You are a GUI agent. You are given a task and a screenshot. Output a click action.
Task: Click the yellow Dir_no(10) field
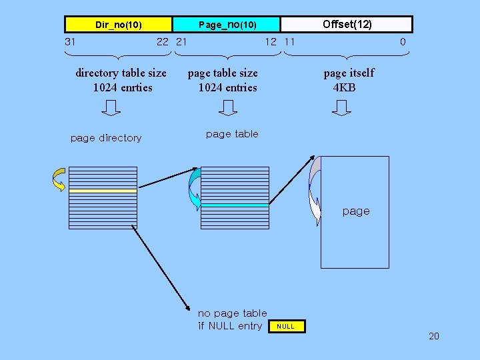[x=118, y=25]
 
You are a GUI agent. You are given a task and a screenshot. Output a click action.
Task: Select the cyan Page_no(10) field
[x=227, y=25]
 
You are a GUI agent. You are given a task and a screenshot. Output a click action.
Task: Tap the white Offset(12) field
[x=347, y=25]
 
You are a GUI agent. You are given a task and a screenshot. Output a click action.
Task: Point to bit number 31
[x=70, y=41]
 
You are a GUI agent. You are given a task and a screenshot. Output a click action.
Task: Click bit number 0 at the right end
[x=403, y=41]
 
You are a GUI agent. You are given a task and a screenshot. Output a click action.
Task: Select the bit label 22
[x=163, y=41]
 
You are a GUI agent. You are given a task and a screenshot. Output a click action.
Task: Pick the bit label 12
[x=270, y=41]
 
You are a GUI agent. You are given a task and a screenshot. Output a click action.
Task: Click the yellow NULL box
[x=285, y=326]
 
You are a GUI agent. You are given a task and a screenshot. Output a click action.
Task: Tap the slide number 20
[x=433, y=336]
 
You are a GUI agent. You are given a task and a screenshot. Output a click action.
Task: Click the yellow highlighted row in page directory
[x=103, y=191]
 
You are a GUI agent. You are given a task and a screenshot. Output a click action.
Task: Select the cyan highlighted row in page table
[x=234, y=205]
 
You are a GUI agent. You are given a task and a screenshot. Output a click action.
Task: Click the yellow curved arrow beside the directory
[x=59, y=179]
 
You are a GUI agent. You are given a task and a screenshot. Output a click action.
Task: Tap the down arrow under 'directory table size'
[x=112, y=107]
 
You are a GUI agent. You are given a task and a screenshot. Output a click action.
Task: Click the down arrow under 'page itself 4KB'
[x=341, y=107]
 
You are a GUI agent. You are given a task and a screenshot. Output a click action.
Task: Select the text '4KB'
[x=345, y=87]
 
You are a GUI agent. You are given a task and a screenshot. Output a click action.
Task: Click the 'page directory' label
[x=106, y=138]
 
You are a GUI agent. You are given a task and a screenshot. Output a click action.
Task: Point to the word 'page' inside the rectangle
[x=355, y=211]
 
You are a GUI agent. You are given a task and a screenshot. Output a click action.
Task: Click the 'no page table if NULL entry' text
[x=232, y=319]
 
